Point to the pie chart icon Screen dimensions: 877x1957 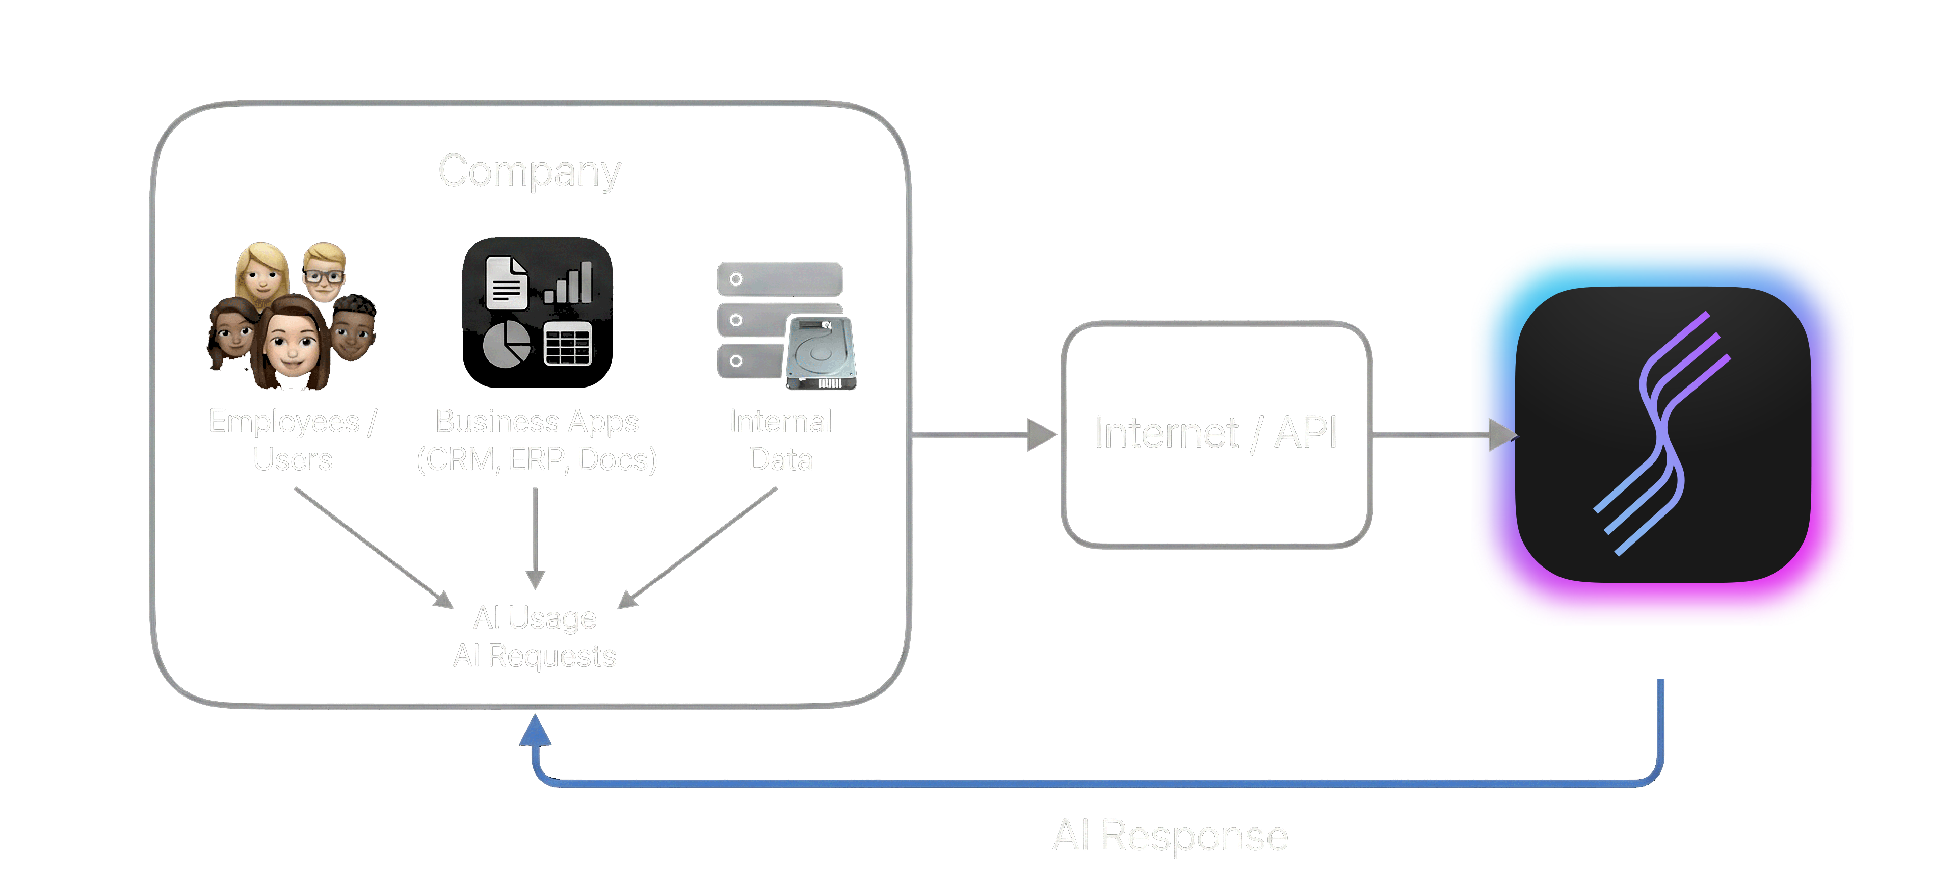coord(506,344)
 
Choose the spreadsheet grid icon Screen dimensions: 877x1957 coord(568,344)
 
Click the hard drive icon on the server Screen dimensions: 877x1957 coord(821,351)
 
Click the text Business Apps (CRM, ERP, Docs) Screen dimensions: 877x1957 coord(536,440)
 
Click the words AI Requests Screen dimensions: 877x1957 coord(534,656)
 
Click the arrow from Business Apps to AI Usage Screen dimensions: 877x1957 coord(536,536)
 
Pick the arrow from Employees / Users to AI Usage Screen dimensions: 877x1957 coord(372,547)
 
